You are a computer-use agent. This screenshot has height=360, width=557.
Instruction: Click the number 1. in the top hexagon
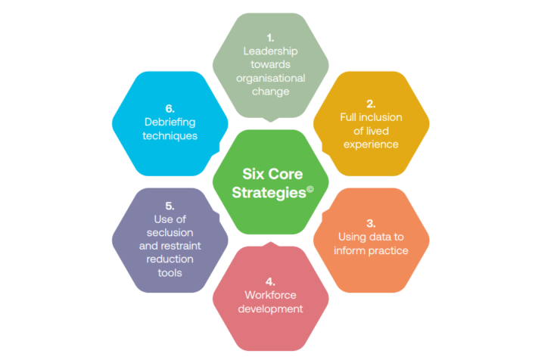pyautogui.click(x=270, y=37)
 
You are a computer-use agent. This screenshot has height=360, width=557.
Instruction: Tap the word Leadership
pyautogui.click(x=270, y=51)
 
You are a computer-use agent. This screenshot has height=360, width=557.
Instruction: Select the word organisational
pyautogui.click(x=270, y=78)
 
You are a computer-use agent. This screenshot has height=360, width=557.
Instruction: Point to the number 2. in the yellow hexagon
pyautogui.click(x=371, y=104)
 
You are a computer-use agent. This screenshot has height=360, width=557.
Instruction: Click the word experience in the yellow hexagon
pyautogui.click(x=371, y=144)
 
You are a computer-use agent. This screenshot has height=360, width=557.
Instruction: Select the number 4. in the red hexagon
pyautogui.click(x=270, y=281)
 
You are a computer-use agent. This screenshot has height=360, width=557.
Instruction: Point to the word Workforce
pyautogui.click(x=270, y=294)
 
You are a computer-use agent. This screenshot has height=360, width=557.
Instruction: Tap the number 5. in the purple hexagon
pyautogui.click(x=170, y=206)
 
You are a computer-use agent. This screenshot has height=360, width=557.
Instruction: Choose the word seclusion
pyautogui.click(x=170, y=233)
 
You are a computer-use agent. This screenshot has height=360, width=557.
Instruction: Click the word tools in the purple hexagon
pyautogui.click(x=170, y=273)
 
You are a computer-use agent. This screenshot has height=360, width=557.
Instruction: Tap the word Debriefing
pyautogui.click(x=170, y=122)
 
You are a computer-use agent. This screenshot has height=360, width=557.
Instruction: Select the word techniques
pyautogui.click(x=170, y=135)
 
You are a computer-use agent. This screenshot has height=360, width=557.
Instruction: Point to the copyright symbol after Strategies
pyautogui.click(x=309, y=186)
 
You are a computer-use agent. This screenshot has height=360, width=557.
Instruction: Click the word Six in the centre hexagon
pyautogui.click(x=252, y=172)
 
